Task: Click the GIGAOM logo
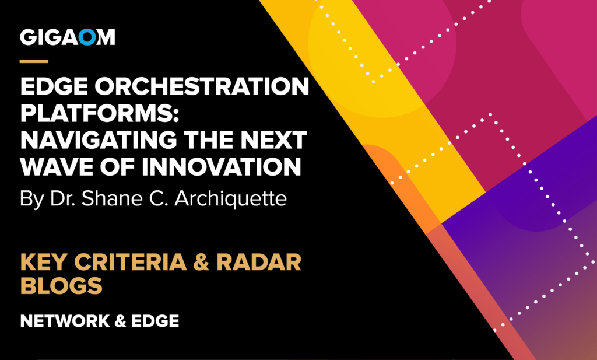tap(68, 37)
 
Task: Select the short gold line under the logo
tap(34, 60)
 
